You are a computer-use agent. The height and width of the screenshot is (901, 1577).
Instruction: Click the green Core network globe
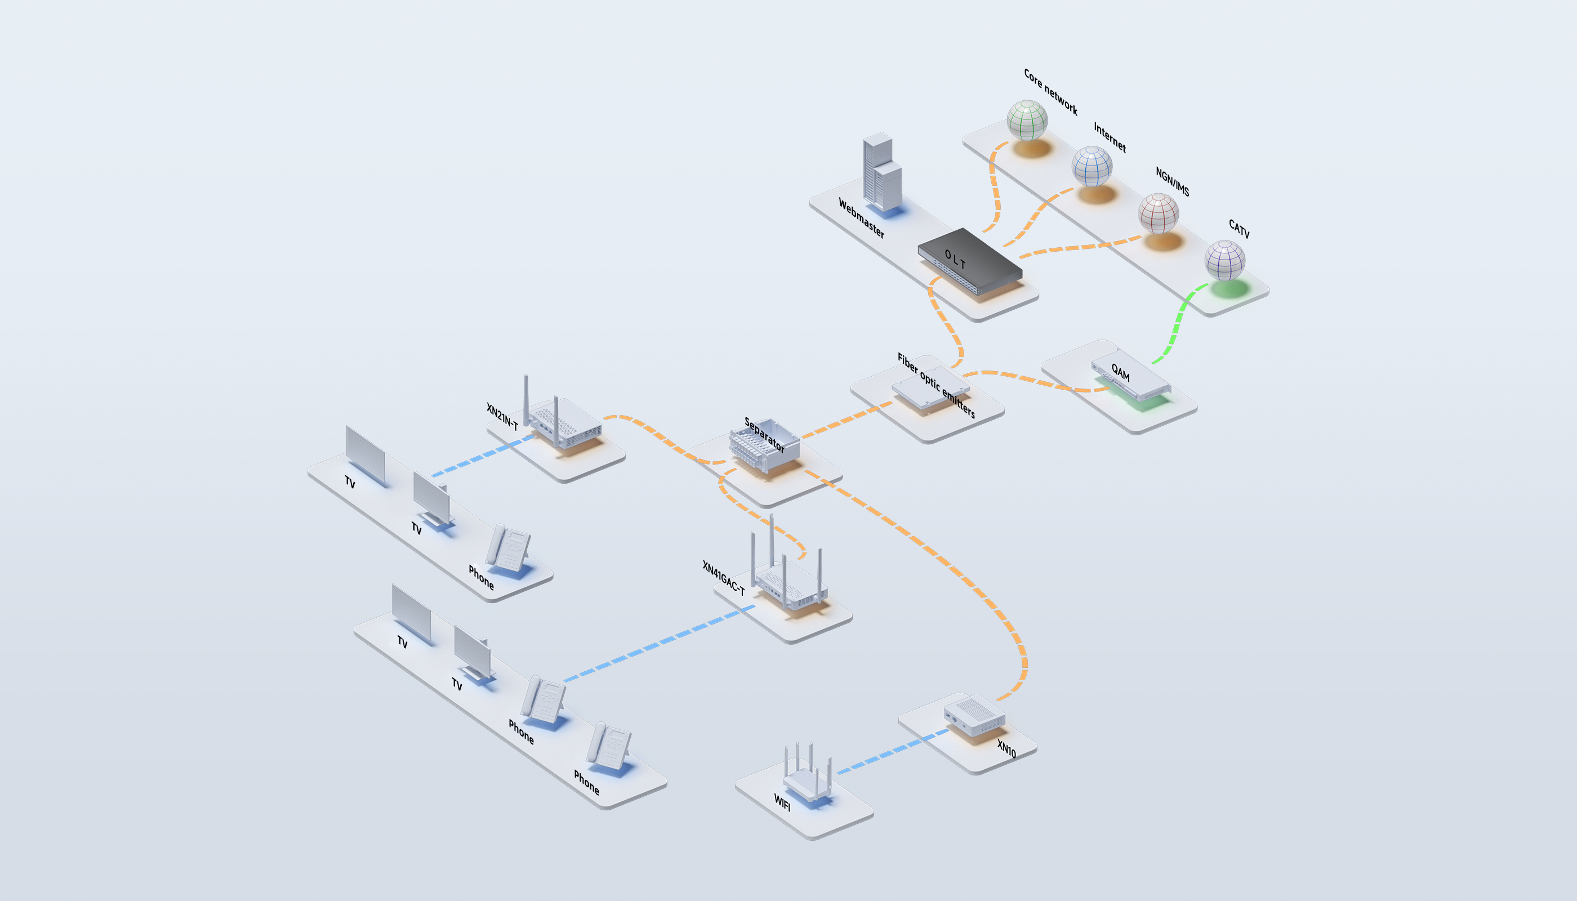[x=1027, y=120]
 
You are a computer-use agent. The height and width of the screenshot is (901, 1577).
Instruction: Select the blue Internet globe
[x=1092, y=166]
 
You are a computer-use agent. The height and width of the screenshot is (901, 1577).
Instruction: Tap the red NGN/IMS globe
[x=1158, y=213]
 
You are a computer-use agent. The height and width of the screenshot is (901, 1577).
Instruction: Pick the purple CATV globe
[x=1224, y=260]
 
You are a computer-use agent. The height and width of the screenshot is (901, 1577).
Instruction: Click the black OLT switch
[x=970, y=260]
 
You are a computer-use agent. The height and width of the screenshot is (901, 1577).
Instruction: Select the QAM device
[x=1131, y=376]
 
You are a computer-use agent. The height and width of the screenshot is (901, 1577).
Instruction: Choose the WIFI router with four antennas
[x=808, y=781]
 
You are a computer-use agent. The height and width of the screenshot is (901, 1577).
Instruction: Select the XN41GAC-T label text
[x=723, y=577]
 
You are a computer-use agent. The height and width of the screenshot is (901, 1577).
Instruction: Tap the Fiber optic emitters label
[x=936, y=385]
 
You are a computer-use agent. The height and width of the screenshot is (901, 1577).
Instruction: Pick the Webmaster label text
[x=861, y=218]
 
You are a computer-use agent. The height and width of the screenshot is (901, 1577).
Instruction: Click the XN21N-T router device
[x=563, y=421]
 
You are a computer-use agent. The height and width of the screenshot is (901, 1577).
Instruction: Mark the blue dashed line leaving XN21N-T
[x=483, y=456]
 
